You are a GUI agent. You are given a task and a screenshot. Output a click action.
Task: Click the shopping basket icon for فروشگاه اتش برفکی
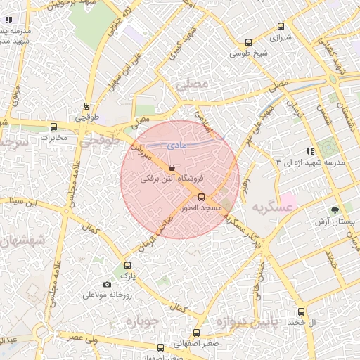pos(173,167)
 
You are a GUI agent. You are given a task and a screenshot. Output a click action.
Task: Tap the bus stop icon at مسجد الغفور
pos(202,197)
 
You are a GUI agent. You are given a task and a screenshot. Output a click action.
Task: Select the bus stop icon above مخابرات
pos(54,127)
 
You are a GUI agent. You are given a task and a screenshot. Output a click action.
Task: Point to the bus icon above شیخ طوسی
pos(248,42)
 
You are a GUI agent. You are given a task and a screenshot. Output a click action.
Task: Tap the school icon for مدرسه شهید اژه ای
pos(310,150)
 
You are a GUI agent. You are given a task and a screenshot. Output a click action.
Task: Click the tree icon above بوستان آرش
pos(335,210)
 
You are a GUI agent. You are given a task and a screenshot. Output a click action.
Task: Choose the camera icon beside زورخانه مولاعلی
pos(107,284)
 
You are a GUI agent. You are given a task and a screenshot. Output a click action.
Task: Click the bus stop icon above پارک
pos(127,265)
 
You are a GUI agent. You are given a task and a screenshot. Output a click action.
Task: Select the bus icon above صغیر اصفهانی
pos(196,333)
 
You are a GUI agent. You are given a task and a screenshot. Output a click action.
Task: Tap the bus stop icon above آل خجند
pos(302,311)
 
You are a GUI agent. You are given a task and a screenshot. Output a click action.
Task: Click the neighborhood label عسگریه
pos(271,207)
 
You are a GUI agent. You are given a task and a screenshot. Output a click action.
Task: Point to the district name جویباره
pos(144,321)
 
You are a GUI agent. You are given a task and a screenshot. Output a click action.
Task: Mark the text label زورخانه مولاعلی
pos(110,295)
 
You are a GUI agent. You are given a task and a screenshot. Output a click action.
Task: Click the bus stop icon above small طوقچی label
pos(86,107)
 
